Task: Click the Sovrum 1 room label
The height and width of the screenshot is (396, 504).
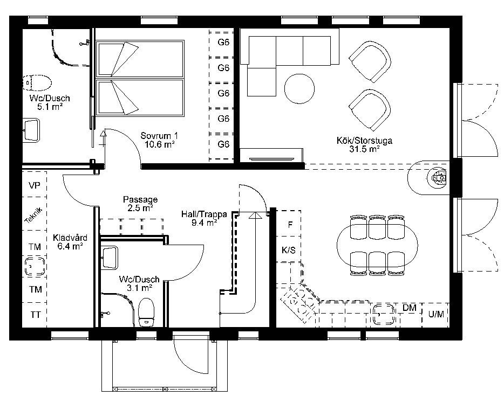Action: [159, 140]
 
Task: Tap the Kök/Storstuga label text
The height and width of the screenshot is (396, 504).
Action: [364, 144]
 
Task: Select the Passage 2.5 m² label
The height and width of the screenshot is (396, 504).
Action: [140, 204]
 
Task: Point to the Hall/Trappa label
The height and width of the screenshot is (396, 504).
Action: [204, 218]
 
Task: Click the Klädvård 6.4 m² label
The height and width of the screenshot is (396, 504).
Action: [70, 242]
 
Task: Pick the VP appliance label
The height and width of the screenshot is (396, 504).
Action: [35, 185]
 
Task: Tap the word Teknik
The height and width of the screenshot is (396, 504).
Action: [33, 214]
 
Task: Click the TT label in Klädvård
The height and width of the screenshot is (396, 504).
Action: [36, 315]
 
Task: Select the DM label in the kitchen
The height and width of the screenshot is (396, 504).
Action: [410, 308]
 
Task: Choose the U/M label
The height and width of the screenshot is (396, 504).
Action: [436, 314]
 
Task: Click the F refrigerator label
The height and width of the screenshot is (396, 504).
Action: [290, 225]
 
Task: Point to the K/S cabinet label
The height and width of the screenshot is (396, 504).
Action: [288, 249]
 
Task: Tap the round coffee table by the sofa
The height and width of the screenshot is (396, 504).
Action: [299, 88]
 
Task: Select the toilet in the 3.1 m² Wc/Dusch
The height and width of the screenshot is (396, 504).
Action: [146, 312]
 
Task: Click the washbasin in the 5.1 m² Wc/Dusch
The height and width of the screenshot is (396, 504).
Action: [31, 130]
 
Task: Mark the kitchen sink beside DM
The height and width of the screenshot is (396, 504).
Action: [384, 314]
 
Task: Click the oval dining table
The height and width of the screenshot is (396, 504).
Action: [377, 246]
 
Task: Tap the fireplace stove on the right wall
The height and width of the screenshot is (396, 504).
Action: [439, 177]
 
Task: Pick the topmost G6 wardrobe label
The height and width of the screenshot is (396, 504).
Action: [223, 42]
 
